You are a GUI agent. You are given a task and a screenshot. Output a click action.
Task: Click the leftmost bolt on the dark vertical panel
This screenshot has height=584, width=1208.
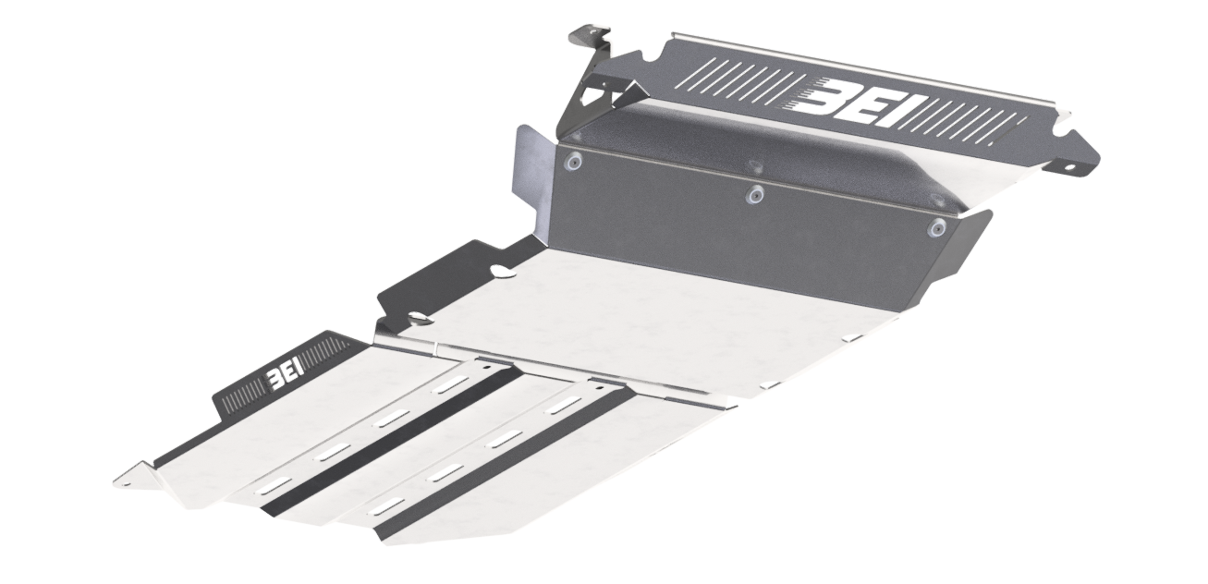[572, 163]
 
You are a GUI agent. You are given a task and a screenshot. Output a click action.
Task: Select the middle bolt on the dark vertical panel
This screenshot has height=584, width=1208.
[753, 196]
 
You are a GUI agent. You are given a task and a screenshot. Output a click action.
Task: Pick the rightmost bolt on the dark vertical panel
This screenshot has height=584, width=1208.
[936, 228]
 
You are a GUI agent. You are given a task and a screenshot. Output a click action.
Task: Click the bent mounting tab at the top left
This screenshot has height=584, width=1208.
[591, 41]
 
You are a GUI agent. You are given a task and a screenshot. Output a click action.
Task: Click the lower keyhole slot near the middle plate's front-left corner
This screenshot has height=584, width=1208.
[419, 319]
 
